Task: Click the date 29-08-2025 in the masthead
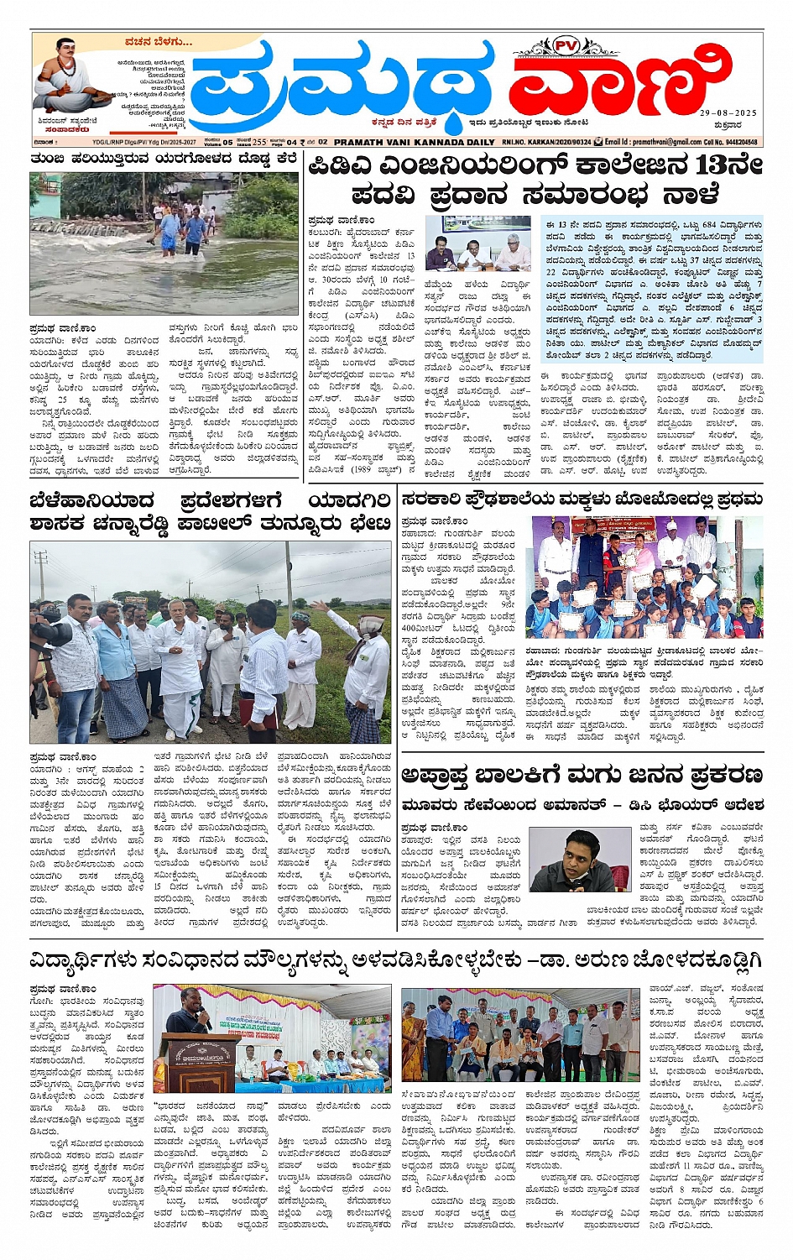tap(728, 112)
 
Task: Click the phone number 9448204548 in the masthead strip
tap(740, 143)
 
